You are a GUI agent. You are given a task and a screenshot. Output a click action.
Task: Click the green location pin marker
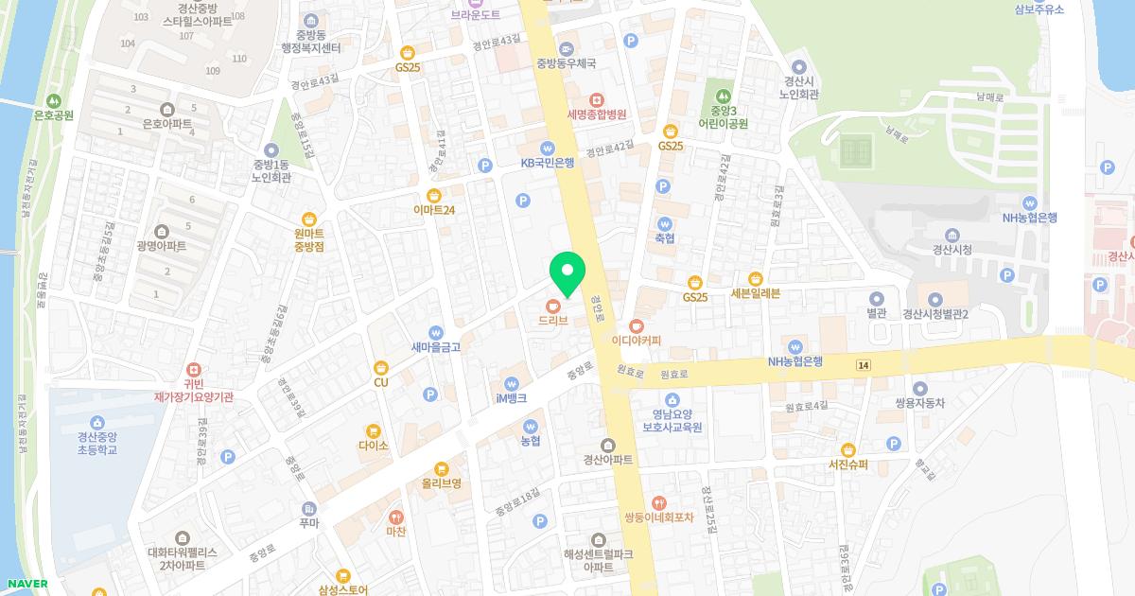pos(567,273)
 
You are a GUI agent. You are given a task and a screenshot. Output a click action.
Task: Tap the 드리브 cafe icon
pos(553,305)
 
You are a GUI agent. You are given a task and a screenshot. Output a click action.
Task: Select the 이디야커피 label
pos(636,341)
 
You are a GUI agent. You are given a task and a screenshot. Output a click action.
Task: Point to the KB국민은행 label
pos(548,163)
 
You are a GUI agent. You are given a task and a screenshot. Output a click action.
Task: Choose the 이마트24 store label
pos(435,210)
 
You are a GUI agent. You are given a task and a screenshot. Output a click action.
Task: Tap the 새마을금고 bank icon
pos(436,332)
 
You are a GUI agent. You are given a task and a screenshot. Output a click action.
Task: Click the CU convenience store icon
pos(381,367)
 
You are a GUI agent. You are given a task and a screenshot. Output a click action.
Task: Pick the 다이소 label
pos(373,446)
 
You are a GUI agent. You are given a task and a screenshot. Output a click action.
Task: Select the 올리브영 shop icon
pos(441,468)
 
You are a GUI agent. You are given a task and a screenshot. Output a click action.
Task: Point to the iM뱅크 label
pos(512,399)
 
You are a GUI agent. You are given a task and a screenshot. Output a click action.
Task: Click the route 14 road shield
pos(864,365)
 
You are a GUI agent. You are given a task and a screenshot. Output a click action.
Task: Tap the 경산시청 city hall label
pos(952,250)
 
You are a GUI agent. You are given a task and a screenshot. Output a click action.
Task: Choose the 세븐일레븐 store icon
pos(756,278)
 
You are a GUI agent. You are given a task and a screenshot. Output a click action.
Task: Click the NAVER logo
pos(26,584)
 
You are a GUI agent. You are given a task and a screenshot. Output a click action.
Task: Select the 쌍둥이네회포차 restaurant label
pos(659,517)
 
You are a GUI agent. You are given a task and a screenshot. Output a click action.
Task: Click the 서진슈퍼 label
pos(847,465)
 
